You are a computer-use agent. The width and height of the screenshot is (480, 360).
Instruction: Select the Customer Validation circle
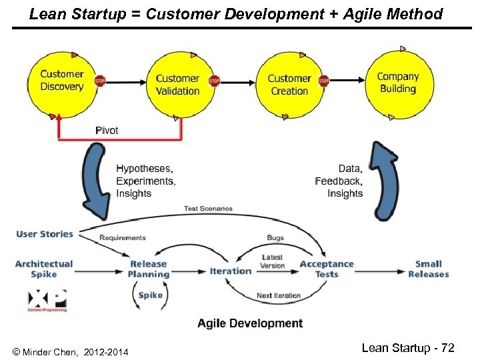point(177,84)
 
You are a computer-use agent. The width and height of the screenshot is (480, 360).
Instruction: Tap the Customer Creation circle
point(289,84)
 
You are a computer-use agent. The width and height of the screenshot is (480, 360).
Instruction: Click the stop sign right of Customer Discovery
point(101,81)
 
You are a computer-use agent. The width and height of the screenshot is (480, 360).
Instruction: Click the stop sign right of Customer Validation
point(214,81)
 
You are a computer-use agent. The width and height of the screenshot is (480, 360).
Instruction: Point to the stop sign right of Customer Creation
point(323,81)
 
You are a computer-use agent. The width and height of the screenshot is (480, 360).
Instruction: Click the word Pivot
point(107,131)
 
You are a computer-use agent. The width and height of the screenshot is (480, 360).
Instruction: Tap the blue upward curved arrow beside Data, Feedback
point(385,180)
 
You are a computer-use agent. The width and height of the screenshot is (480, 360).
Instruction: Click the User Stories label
point(45,234)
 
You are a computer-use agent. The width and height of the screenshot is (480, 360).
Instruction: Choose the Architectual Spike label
point(44,269)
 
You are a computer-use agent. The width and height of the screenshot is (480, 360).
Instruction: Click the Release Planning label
point(148,269)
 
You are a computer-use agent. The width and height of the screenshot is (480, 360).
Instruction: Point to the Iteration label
point(231,271)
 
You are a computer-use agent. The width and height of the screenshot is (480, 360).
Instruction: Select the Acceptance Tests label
point(327,269)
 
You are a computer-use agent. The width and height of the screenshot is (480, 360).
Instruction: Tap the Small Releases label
point(429,269)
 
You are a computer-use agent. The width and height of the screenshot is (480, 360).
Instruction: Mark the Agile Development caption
point(250,323)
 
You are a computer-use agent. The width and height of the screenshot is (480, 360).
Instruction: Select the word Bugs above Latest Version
point(275,237)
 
